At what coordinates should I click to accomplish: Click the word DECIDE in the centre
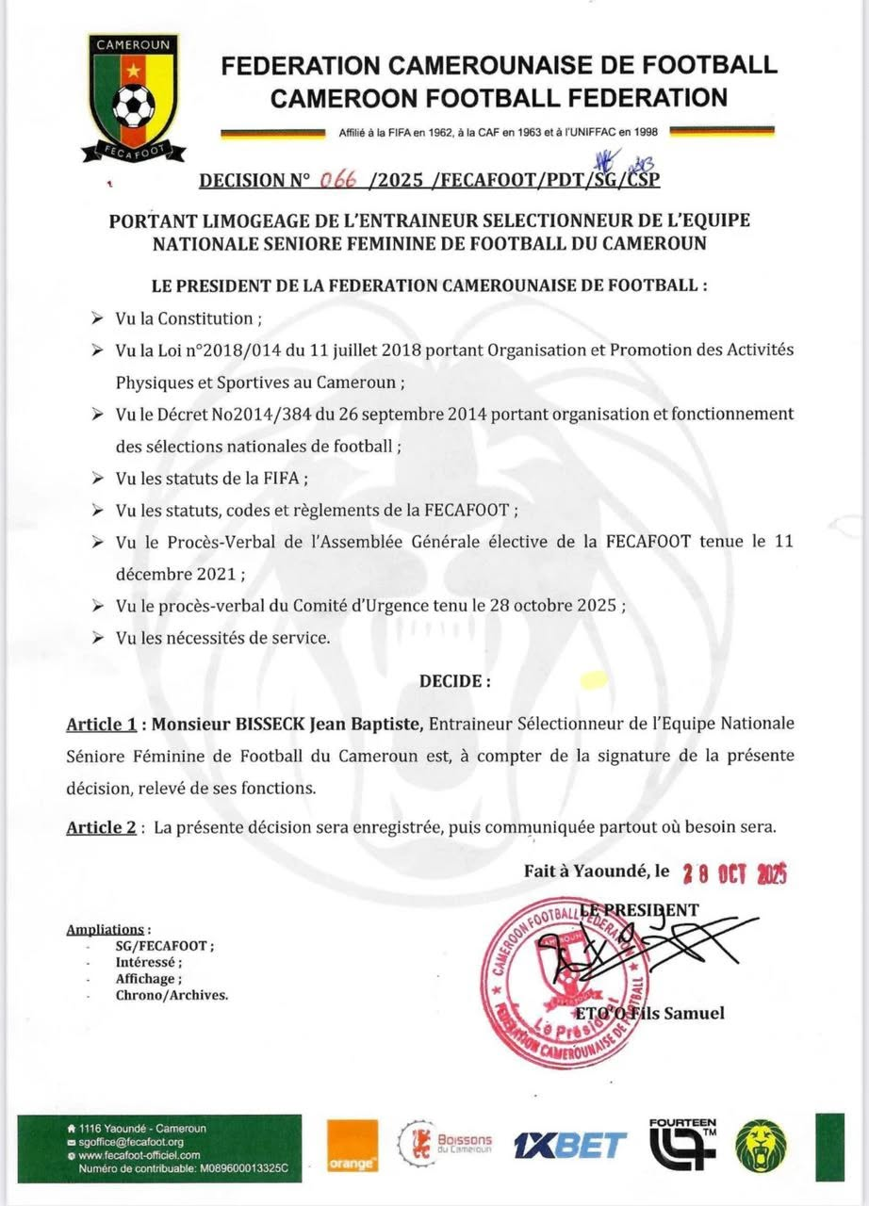[x=452, y=680]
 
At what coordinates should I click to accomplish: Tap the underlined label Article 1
[x=99, y=725]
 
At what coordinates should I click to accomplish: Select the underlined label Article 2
[x=99, y=827]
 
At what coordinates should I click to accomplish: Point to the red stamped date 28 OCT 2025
[x=734, y=873]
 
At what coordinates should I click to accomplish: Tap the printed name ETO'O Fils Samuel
[x=649, y=1014]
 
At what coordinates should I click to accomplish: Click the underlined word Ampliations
[x=106, y=930]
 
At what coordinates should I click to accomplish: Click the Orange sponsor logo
[x=353, y=1146]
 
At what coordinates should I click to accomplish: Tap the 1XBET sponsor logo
[x=569, y=1146]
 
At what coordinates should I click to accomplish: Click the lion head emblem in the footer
[x=762, y=1144]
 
